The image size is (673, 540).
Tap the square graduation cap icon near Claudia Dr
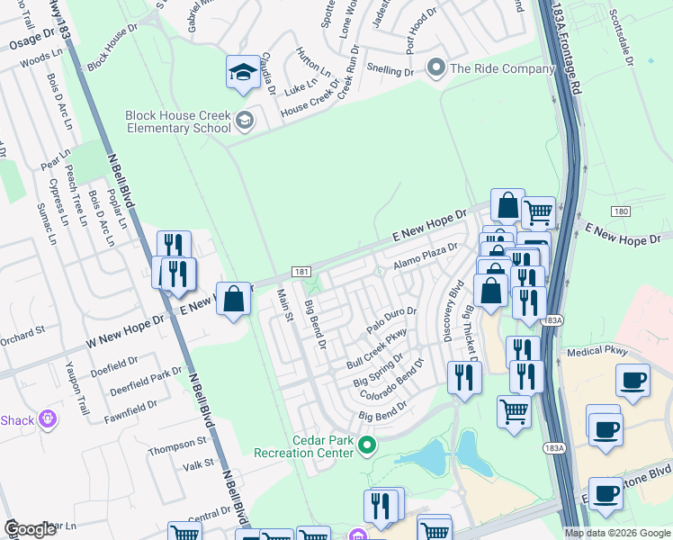(x=242, y=73)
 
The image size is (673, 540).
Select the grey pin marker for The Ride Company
(x=436, y=68)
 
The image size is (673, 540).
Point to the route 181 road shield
(x=301, y=272)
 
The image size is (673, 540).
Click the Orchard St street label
(x=22, y=331)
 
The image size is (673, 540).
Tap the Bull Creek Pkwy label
(x=377, y=349)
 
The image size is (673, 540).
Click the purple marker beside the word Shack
(x=48, y=419)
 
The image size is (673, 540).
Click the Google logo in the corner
(x=31, y=529)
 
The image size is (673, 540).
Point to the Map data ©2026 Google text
(x=617, y=533)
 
